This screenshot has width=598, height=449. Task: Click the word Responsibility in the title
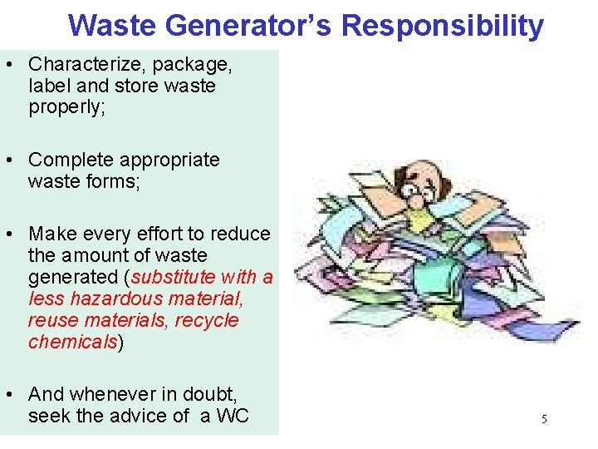point(443,26)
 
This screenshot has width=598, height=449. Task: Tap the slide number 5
point(544,419)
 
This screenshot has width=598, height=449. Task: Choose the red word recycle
point(210,320)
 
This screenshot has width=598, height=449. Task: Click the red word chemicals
point(73,342)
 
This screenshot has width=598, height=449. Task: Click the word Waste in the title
point(113,26)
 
